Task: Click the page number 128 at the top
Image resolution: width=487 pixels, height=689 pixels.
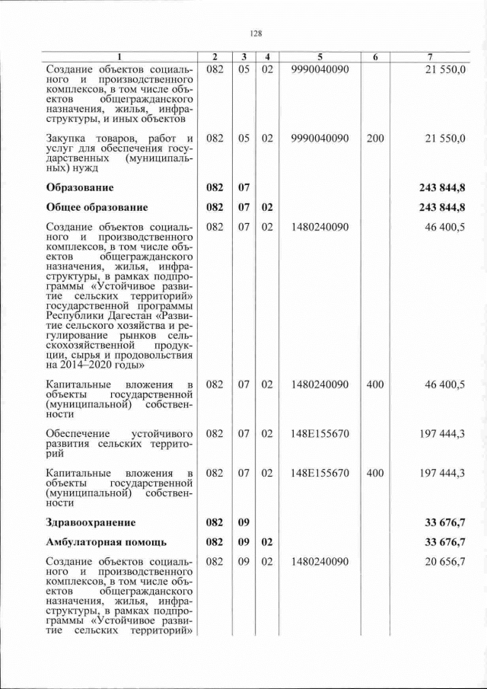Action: click(256, 33)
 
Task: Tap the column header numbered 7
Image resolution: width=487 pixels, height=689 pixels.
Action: click(431, 57)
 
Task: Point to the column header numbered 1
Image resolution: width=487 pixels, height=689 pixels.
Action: click(119, 57)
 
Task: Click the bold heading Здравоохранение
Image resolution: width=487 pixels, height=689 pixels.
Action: click(91, 522)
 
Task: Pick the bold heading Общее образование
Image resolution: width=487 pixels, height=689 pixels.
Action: click(97, 207)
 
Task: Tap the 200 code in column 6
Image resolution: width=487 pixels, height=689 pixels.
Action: click(375, 139)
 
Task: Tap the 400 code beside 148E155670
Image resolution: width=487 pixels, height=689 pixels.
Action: click(375, 473)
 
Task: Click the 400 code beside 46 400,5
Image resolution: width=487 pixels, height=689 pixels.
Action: click(375, 384)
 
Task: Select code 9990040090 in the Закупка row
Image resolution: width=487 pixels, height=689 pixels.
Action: click(320, 139)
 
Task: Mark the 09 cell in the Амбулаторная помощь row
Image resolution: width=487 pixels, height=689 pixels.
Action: click(244, 542)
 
